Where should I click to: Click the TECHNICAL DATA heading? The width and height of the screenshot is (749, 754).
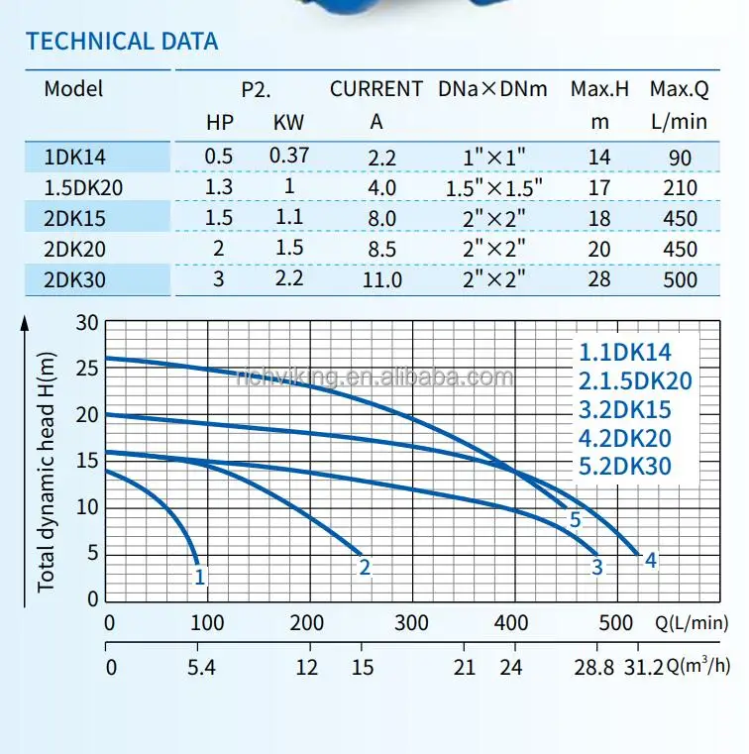click(x=122, y=42)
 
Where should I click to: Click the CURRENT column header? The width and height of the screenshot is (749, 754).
click(x=376, y=89)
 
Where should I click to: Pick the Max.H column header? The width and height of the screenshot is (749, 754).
click(x=599, y=89)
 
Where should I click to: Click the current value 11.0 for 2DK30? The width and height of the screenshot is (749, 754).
click(x=382, y=279)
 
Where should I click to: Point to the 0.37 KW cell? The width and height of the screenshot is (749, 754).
click(x=289, y=156)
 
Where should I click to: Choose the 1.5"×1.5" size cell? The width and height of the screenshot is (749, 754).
click(x=492, y=187)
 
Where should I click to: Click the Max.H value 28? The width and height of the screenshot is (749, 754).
click(x=598, y=279)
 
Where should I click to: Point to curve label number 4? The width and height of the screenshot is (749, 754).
click(x=651, y=561)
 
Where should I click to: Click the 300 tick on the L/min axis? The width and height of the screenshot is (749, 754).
click(x=411, y=623)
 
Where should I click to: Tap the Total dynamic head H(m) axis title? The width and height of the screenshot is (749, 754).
click(x=47, y=462)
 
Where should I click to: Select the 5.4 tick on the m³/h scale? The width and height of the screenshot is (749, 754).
click(x=201, y=667)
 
